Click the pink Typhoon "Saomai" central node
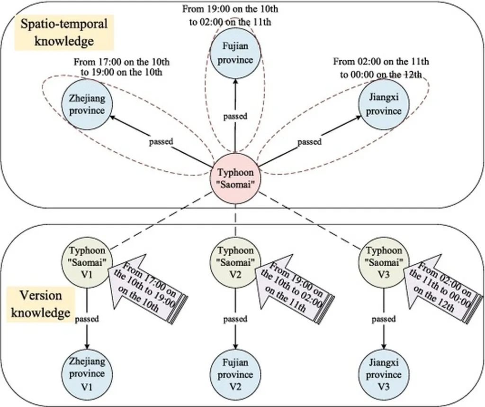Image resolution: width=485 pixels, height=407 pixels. click(x=235, y=178)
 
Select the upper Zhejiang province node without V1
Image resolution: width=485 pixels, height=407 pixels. click(x=87, y=105)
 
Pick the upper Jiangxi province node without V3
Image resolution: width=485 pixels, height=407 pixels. click(x=384, y=105)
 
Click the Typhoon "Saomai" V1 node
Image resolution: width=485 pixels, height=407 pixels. click(x=87, y=262)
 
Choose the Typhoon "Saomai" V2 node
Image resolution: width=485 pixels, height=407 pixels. click(x=235, y=262)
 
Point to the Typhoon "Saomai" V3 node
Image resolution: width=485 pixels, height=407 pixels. click(x=384, y=262)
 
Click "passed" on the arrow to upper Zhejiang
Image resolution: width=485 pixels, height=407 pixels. click(x=161, y=141)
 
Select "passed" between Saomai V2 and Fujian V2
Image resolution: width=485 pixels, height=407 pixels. click(x=235, y=319)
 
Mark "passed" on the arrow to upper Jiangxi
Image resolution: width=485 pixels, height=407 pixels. click(x=309, y=141)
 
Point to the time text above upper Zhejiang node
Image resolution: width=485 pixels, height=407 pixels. click(x=122, y=67)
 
